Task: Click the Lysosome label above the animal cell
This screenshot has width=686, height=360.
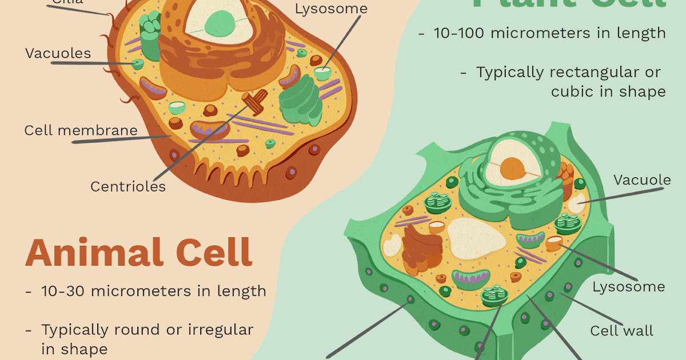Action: (331, 9)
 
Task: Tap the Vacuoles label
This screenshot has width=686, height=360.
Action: (58, 54)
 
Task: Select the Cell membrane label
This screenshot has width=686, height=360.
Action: (81, 130)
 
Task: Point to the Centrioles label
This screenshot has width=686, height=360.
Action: (128, 186)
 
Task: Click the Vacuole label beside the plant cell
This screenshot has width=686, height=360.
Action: (642, 181)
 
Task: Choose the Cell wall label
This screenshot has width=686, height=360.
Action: (621, 331)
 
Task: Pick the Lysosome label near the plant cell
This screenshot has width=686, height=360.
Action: (628, 286)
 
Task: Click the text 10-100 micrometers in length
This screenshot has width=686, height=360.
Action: (549, 33)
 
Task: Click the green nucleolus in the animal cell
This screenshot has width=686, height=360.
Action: (220, 24)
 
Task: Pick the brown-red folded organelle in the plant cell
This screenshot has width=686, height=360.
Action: (422, 249)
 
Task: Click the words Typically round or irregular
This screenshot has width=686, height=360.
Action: (147, 330)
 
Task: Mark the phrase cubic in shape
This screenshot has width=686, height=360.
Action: (608, 91)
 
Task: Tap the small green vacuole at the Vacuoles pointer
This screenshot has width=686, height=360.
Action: (137, 64)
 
